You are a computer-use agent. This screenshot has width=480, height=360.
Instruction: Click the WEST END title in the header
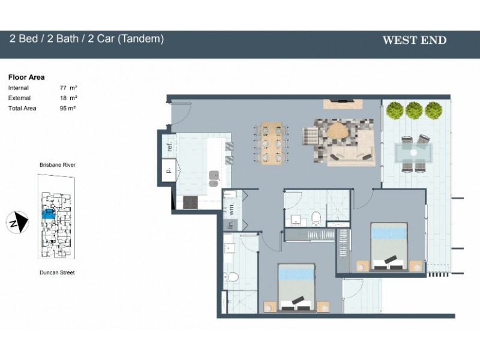414,41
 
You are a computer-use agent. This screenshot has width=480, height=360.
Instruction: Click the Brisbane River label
58,164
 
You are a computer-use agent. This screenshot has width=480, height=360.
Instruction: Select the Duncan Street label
58,272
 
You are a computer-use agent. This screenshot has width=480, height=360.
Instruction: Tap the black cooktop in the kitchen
191,202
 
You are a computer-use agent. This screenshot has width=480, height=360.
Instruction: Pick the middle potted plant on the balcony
414,110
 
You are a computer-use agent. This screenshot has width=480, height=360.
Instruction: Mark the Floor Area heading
26,77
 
